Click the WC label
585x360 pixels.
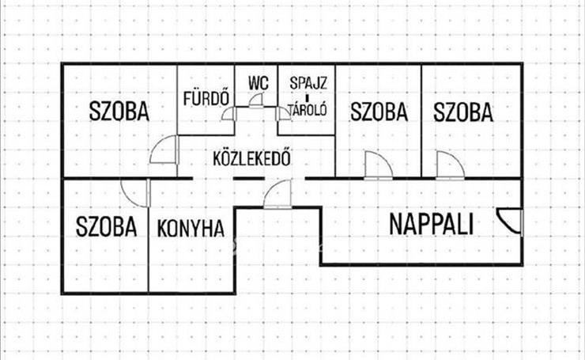pos(259,83)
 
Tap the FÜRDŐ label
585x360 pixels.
pos(206,99)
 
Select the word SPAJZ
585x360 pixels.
pos(308,83)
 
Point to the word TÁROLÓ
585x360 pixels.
pos(308,109)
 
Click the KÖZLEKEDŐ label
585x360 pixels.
pos(251,158)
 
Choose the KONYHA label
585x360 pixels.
pos(191,229)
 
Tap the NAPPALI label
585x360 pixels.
pos(432,224)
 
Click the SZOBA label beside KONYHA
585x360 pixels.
pos(107,226)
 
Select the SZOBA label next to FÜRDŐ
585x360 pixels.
pos(119,111)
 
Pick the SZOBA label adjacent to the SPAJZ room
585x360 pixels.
pos(379,112)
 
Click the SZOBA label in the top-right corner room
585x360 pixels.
pos(463,112)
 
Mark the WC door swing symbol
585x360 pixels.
pos(256,100)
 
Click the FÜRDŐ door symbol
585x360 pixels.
pos(228,113)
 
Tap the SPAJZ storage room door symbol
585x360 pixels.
pos(283,113)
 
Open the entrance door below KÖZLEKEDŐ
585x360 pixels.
pos(277,194)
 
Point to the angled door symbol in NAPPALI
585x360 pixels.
pos(510,222)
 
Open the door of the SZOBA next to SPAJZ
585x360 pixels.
pos(379,165)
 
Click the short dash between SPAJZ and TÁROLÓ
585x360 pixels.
pos(308,99)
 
